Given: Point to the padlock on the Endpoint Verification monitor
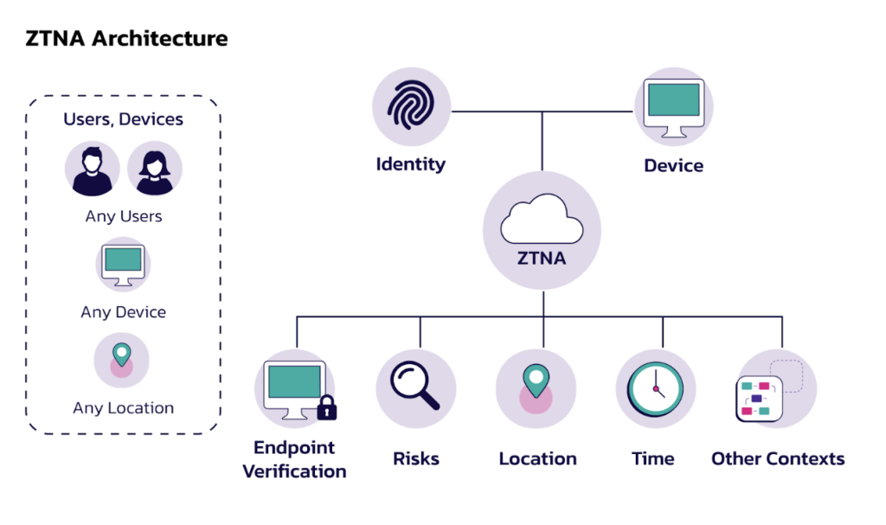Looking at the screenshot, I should pyautogui.click(x=326, y=407).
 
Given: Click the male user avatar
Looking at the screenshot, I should pyautogui.click(x=92, y=170).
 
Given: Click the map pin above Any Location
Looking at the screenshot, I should pyautogui.click(x=122, y=355).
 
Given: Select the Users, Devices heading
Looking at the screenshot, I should pyautogui.click(x=124, y=119).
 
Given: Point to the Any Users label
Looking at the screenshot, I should pyautogui.click(x=124, y=216).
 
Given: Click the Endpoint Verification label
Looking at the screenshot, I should pyautogui.click(x=294, y=459).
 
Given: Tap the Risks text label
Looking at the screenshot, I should pyautogui.click(x=416, y=458).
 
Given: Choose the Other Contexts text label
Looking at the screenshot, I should pyautogui.click(x=778, y=458).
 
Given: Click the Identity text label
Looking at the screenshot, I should pyautogui.click(x=411, y=163).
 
